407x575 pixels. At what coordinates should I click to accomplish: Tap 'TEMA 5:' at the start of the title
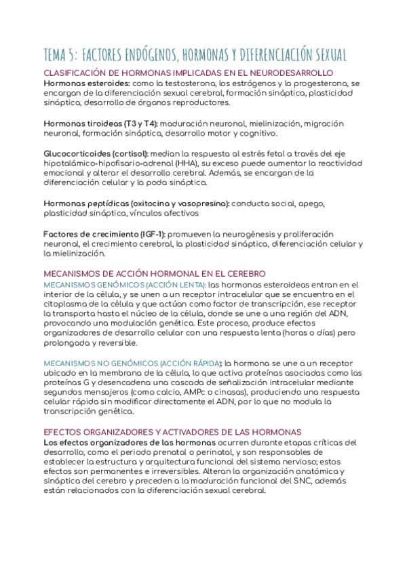coord(60,54)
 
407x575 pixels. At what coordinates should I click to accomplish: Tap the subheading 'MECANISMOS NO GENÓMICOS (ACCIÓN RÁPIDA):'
coord(133,363)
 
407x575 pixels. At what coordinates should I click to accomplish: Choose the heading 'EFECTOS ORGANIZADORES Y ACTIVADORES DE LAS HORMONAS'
coord(172,432)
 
